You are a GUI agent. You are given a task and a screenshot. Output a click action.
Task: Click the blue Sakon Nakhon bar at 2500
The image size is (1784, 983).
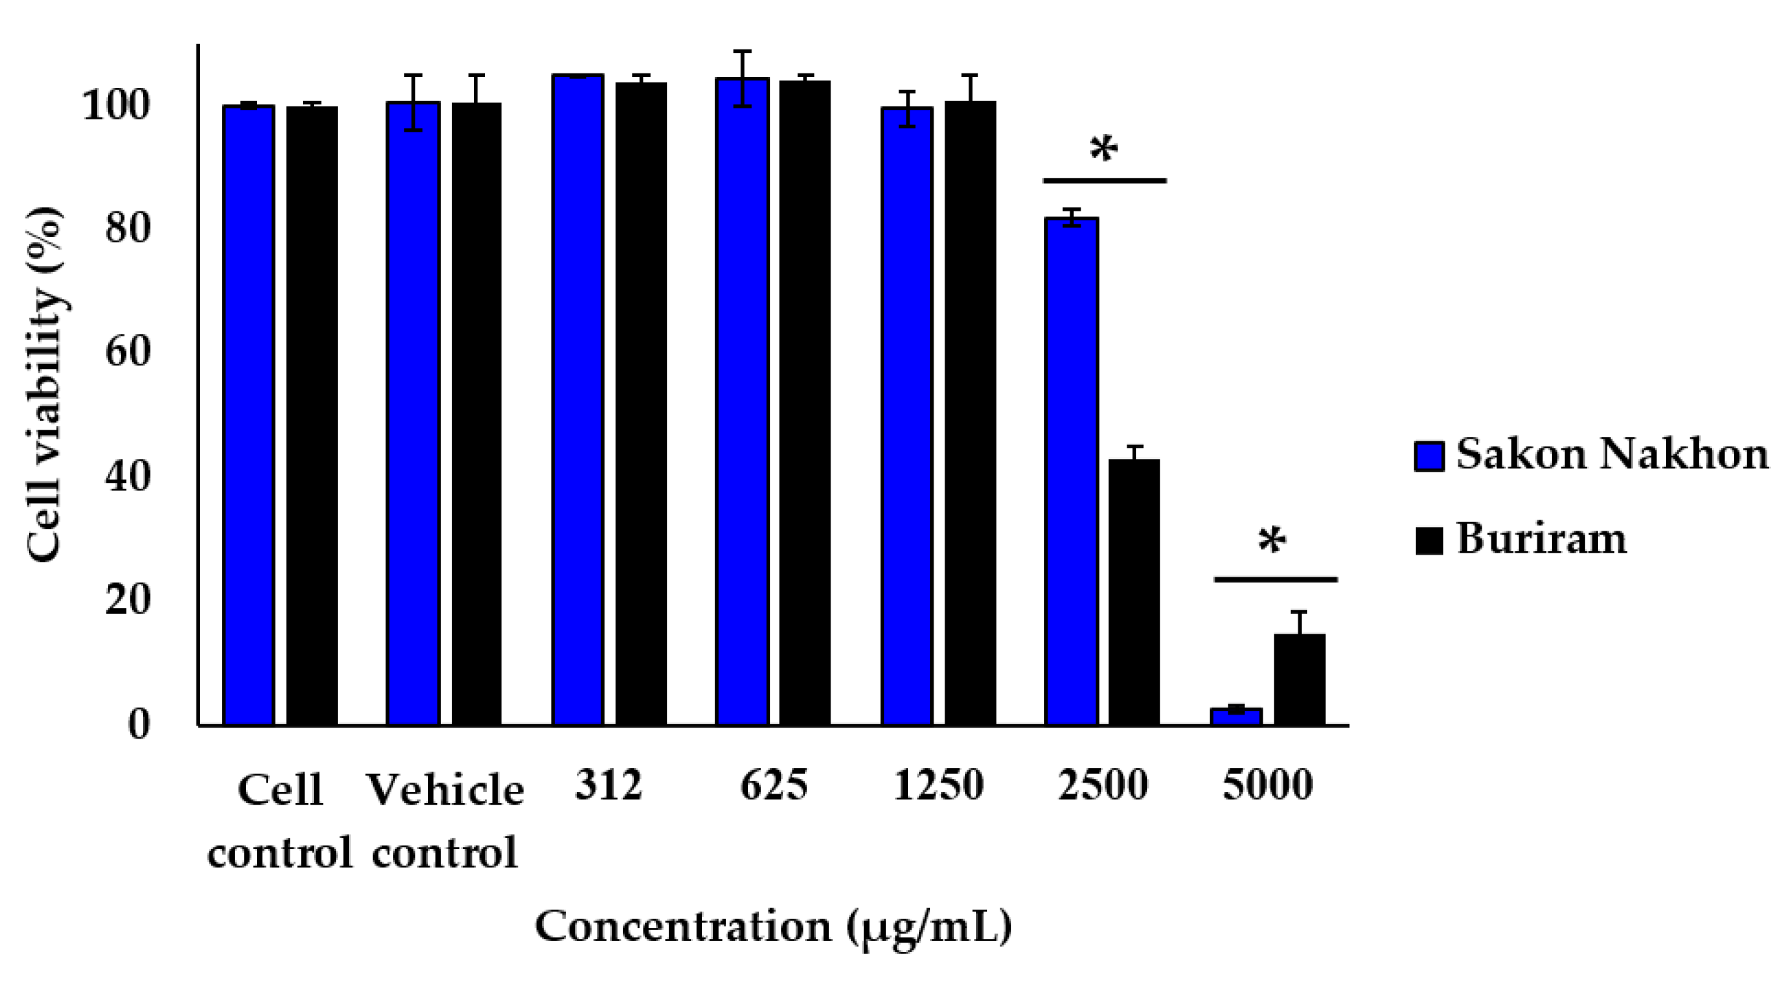tap(1072, 471)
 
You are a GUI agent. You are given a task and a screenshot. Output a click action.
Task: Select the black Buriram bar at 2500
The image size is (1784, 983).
tap(1133, 592)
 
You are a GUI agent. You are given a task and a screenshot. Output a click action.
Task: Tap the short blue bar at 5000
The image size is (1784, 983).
tap(1237, 716)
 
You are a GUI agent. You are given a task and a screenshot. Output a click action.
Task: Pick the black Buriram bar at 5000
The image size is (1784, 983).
tap(1299, 679)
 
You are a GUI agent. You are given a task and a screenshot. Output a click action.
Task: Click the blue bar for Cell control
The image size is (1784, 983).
tap(249, 415)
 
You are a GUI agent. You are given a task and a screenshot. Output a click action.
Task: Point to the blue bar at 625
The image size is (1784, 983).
tap(743, 402)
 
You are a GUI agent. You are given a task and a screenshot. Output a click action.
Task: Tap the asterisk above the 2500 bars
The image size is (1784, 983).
tap(1104, 149)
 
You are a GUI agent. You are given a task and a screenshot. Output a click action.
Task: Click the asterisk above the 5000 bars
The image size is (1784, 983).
tap(1272, 541)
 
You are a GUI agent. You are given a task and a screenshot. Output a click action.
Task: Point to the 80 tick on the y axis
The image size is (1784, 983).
tap(128, 228)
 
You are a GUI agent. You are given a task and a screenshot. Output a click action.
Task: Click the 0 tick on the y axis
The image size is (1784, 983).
tap(139, 725)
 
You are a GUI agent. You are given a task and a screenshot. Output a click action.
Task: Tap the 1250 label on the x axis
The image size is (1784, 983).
tap(938, 785)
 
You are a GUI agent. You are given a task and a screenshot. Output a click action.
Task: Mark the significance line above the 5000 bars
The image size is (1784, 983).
tap(1275, 579)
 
